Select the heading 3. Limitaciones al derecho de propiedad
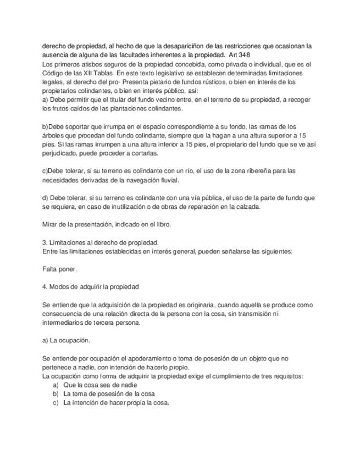(101, 242)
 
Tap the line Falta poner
(60, 269)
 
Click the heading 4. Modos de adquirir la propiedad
(91, 287)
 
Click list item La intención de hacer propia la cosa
(116, 403)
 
